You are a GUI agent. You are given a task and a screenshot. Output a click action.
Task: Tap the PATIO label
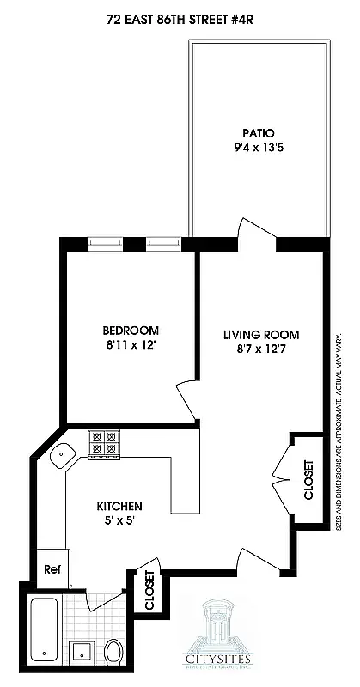click(258, 133)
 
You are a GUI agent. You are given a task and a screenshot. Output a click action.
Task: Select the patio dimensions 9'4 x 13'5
click(258, 149)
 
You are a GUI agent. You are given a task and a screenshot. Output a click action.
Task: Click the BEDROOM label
click(131, 331)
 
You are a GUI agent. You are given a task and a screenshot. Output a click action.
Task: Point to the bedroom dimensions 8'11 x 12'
click(131, 346)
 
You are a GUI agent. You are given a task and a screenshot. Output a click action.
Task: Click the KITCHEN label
click(119, 506)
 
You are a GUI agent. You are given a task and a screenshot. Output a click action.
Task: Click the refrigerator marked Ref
click(51, 568)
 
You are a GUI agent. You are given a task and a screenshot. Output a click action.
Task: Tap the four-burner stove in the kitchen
click(104, 443)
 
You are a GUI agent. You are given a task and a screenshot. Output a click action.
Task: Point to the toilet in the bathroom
click(113, 653)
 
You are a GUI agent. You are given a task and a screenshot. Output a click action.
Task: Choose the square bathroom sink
click(82, 652)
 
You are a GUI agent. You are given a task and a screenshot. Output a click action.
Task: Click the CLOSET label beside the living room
click(308, 481)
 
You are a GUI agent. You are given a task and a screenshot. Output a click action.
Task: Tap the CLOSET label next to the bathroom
click(149, 591)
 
